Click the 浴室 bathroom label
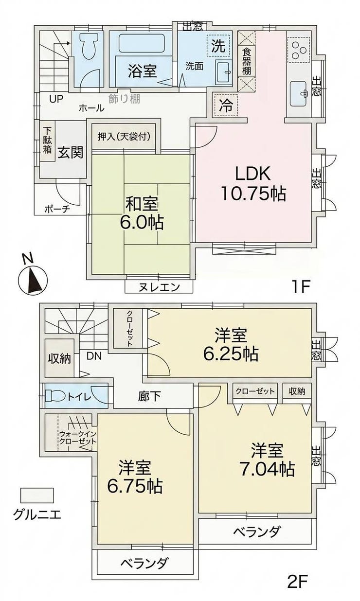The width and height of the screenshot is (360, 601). (x=142, y=71)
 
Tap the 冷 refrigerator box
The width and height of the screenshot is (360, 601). (x=226, y=105)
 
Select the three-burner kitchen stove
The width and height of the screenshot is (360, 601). (x=298, y=50)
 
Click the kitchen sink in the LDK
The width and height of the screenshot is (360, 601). (x=299, y=93)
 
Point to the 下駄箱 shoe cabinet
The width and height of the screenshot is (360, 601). (x=48, y=141)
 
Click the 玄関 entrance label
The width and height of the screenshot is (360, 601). (x=71, y=153)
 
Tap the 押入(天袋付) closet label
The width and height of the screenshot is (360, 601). (x=124, y=137)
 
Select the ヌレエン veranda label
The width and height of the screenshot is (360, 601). (x=159, y=287)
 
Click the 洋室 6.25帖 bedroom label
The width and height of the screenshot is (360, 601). (x=231, y=345)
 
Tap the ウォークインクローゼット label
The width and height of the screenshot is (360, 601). (x=77, y=438)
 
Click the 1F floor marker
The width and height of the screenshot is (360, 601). (x=301, y=287)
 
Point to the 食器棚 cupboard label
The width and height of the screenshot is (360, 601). (x=247, y=61)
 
